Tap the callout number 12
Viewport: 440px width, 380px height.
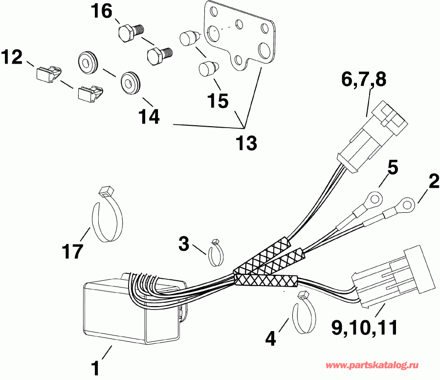(12, 58)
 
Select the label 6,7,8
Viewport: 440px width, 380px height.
(362, 79)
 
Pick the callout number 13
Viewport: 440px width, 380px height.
(247, 143)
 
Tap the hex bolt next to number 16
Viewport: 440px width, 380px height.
(130, 33)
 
